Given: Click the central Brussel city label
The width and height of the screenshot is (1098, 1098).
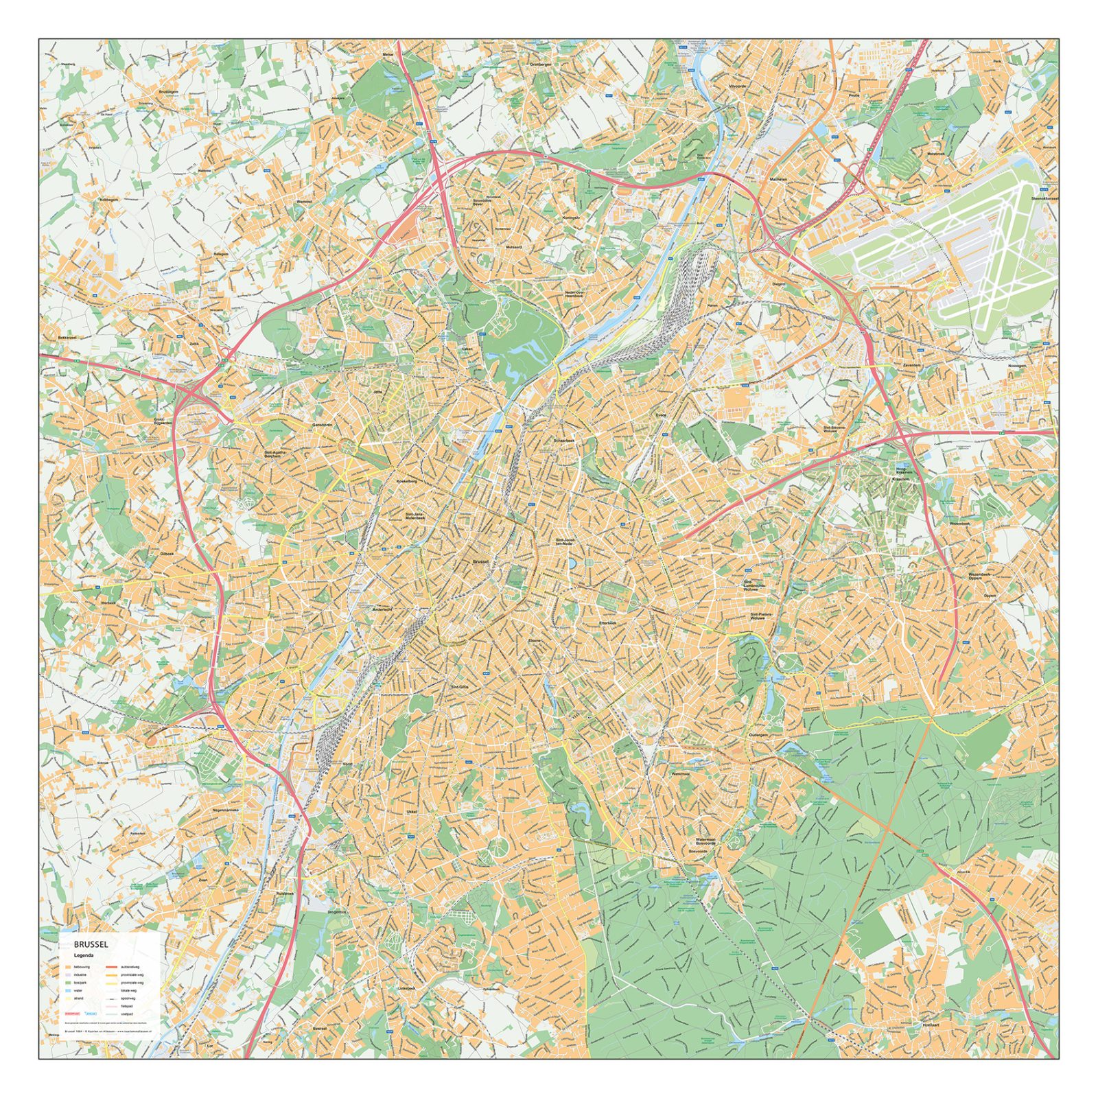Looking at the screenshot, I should pos(481,561).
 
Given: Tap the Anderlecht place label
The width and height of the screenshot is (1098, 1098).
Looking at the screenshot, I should pos(382,609).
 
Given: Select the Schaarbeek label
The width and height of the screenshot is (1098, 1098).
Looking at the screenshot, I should pos(564,441).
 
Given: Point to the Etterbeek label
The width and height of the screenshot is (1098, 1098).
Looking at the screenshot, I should pos(608,622).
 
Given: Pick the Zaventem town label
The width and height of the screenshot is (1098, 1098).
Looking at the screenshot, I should pos(912,365).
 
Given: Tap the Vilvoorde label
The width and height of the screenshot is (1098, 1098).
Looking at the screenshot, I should pos(737,86).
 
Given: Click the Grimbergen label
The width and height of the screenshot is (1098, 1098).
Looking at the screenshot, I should pos(541,65).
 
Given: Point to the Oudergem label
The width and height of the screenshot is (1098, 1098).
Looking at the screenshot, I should pos(758,734).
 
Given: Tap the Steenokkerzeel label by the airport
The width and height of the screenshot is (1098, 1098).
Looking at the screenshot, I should pos(1044,198).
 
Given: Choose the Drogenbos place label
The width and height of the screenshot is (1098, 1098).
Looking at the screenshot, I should pos(337,912).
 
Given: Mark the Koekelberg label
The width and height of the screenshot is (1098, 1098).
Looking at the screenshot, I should pos(407,481).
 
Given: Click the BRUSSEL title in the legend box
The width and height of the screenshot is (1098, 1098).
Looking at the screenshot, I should pos(91,944).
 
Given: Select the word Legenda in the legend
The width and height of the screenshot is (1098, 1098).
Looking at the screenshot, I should pos(84,955).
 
